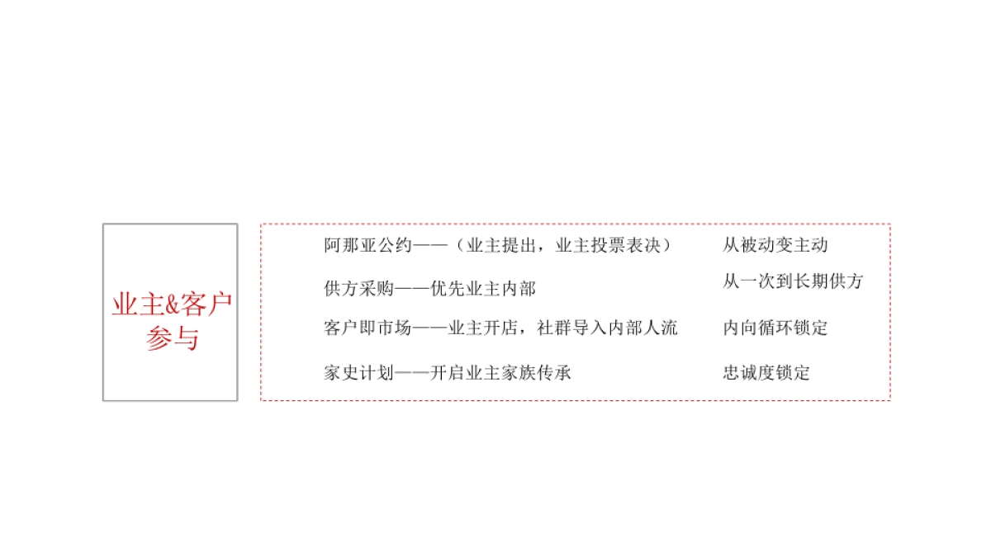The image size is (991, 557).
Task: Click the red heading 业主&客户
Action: (x=171, y=304)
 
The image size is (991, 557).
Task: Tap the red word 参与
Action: (x=171, y=338)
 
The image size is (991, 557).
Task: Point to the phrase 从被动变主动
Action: (x=775, y=245)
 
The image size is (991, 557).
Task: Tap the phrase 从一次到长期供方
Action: (x=792, y=281)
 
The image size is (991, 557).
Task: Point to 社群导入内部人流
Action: (x=607, y=328)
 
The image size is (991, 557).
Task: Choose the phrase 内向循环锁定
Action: (x=775, y=328)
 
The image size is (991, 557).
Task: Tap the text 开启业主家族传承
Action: (x=501, y=373)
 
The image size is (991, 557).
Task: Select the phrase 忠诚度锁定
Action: (x=766, y=373)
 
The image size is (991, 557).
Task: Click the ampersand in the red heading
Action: (x=172, y=305)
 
